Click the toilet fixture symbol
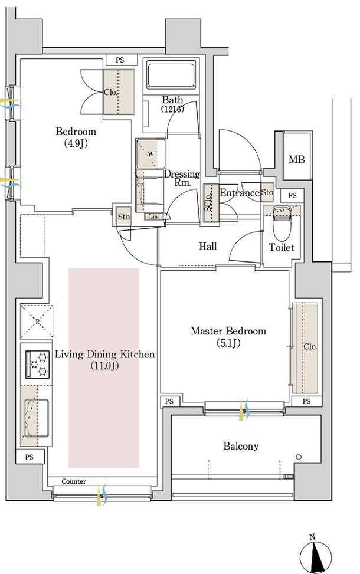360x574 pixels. click(x=282, y=221)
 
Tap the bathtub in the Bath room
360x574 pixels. click(x=171, y=75)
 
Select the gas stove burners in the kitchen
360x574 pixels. click(x=37, y=364)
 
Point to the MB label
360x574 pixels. click(x=296, y=160)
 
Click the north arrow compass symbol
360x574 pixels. click(x=315, y=557)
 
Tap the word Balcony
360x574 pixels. click(x=241, y=446)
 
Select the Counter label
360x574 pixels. click(x=74, y=481)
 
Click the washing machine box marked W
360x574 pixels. click(x=150, y=153)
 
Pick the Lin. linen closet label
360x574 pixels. click(x=154, y=217)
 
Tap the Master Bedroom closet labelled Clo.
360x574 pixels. click(x=305, y=348)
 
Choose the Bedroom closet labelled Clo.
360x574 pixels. click(x=118, y=91)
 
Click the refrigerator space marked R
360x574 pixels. click(x=37, y=322)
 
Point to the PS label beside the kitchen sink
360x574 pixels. click(x=30, y=457)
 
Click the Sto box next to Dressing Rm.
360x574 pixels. click(x=124, y=217)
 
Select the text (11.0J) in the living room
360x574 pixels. click(x=104, y=366)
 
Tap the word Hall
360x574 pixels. click(x=208, y=247)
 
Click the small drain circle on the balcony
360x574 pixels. click(x=299, y=457)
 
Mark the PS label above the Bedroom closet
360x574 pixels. click(x=120, y=60)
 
